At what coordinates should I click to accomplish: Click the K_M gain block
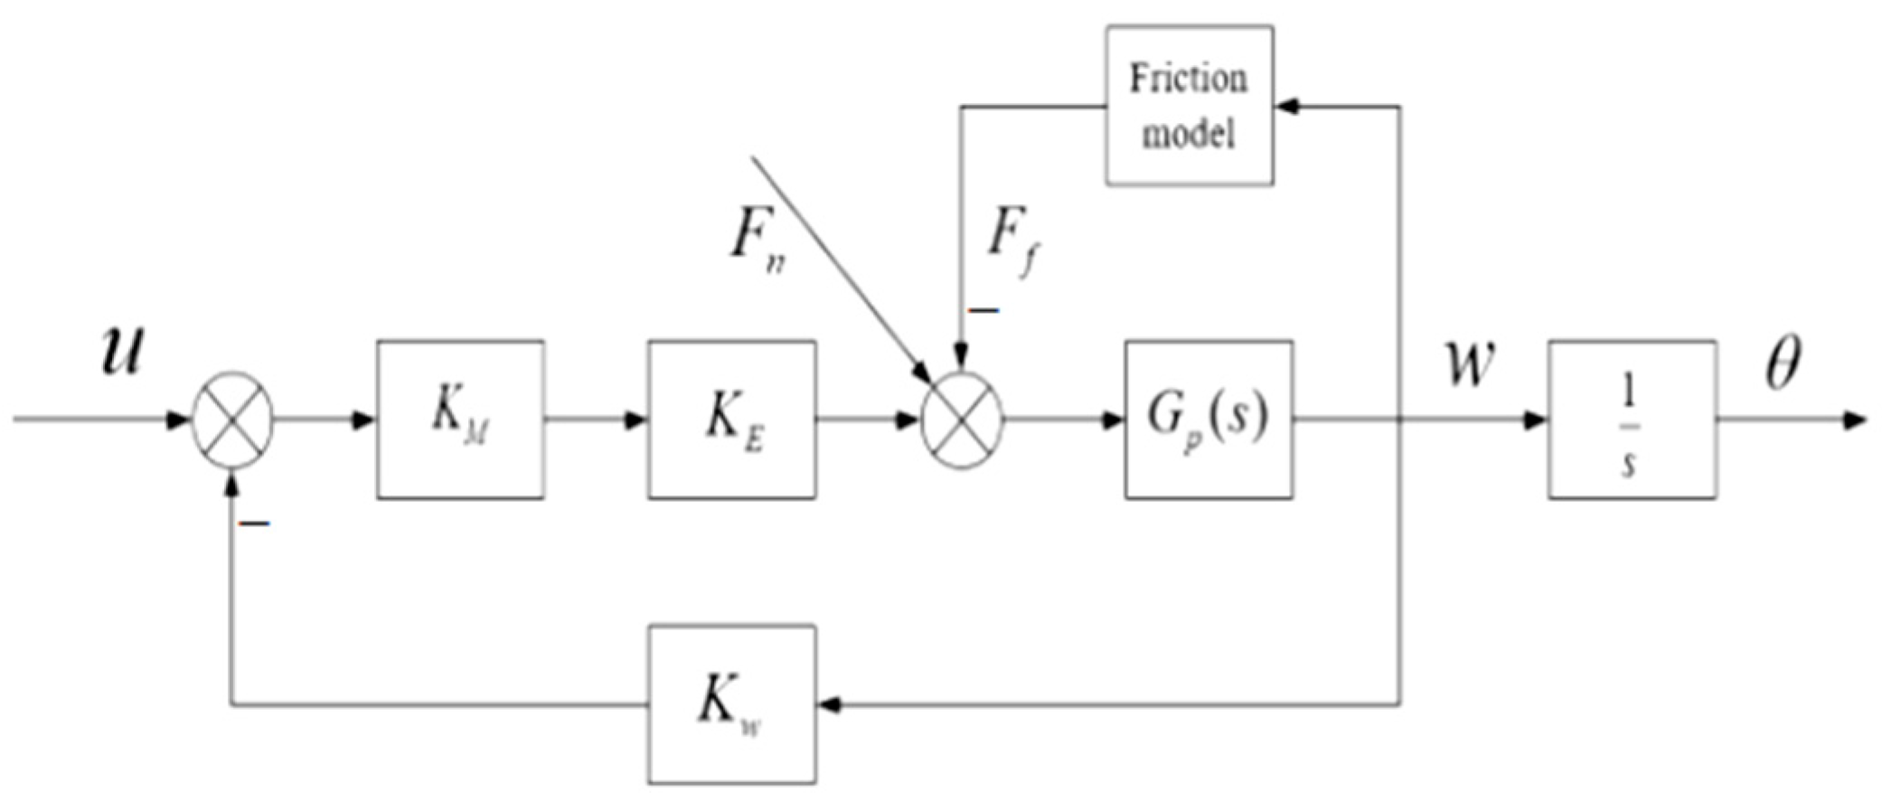tap(460, 420)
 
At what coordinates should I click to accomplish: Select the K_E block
tap(731, 420)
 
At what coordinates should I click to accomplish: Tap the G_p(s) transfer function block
tap(1208, 420)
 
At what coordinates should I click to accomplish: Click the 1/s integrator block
tap(1632, 420)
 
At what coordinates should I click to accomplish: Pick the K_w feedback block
tap(731, 703)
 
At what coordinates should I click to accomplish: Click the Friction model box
tap(1190, 106)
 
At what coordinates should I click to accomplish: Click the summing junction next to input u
tap(233, 420)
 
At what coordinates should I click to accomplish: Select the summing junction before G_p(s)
tap(962, 420)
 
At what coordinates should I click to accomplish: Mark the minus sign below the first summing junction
tap(254, 524)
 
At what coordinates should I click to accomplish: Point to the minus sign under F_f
tap(983, 311)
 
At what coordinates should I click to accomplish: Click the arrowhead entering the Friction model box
tap(1287, 107)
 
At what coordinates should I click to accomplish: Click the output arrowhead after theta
tap(1855, 420)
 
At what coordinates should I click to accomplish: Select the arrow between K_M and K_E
tap(597, 420)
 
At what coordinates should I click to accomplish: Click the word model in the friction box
tap(1188, 134)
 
